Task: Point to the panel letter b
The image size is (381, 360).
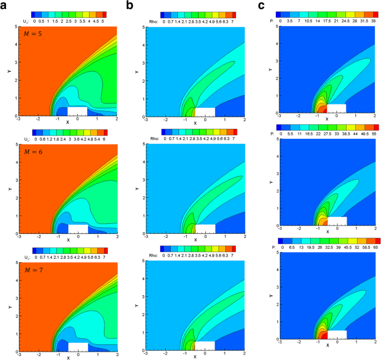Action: [x=130, y=6]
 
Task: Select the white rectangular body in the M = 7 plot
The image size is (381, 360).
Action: [x=78, y=346]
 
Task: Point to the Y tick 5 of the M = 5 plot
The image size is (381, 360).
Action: [x=13, y=28]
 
